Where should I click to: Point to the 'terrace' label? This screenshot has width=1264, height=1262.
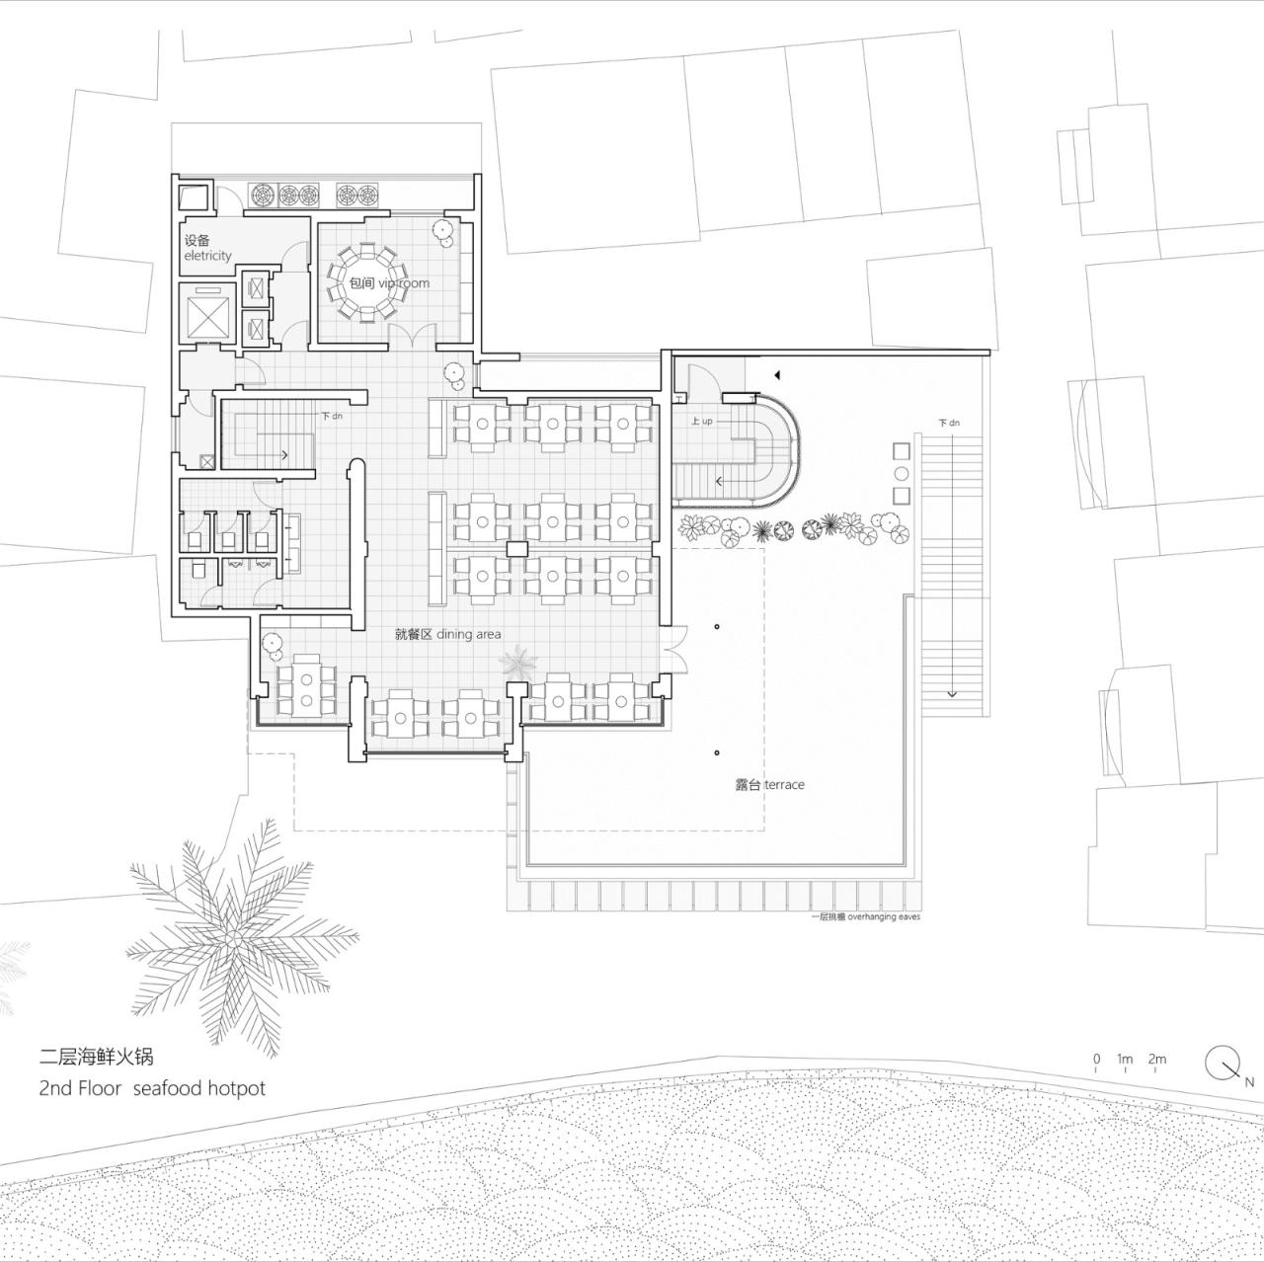[769, 785]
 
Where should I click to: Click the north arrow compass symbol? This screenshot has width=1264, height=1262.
[1223, 1063]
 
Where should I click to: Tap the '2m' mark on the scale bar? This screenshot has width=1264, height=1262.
[1157, 1060]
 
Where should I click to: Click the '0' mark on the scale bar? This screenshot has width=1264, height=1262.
[1096, 1060]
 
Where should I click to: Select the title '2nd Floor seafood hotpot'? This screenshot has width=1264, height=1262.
[152, 1088]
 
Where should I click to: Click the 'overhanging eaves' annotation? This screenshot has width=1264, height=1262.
[865, 917]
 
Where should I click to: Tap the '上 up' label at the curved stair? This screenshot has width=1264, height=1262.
[701, 422]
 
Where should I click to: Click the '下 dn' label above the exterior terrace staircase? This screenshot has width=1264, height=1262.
[948, 423]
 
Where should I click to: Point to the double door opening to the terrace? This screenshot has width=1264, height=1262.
[676, 650]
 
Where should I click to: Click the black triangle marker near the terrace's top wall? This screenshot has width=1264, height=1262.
[777, 375]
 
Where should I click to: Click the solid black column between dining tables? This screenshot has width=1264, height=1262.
[517, 549]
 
